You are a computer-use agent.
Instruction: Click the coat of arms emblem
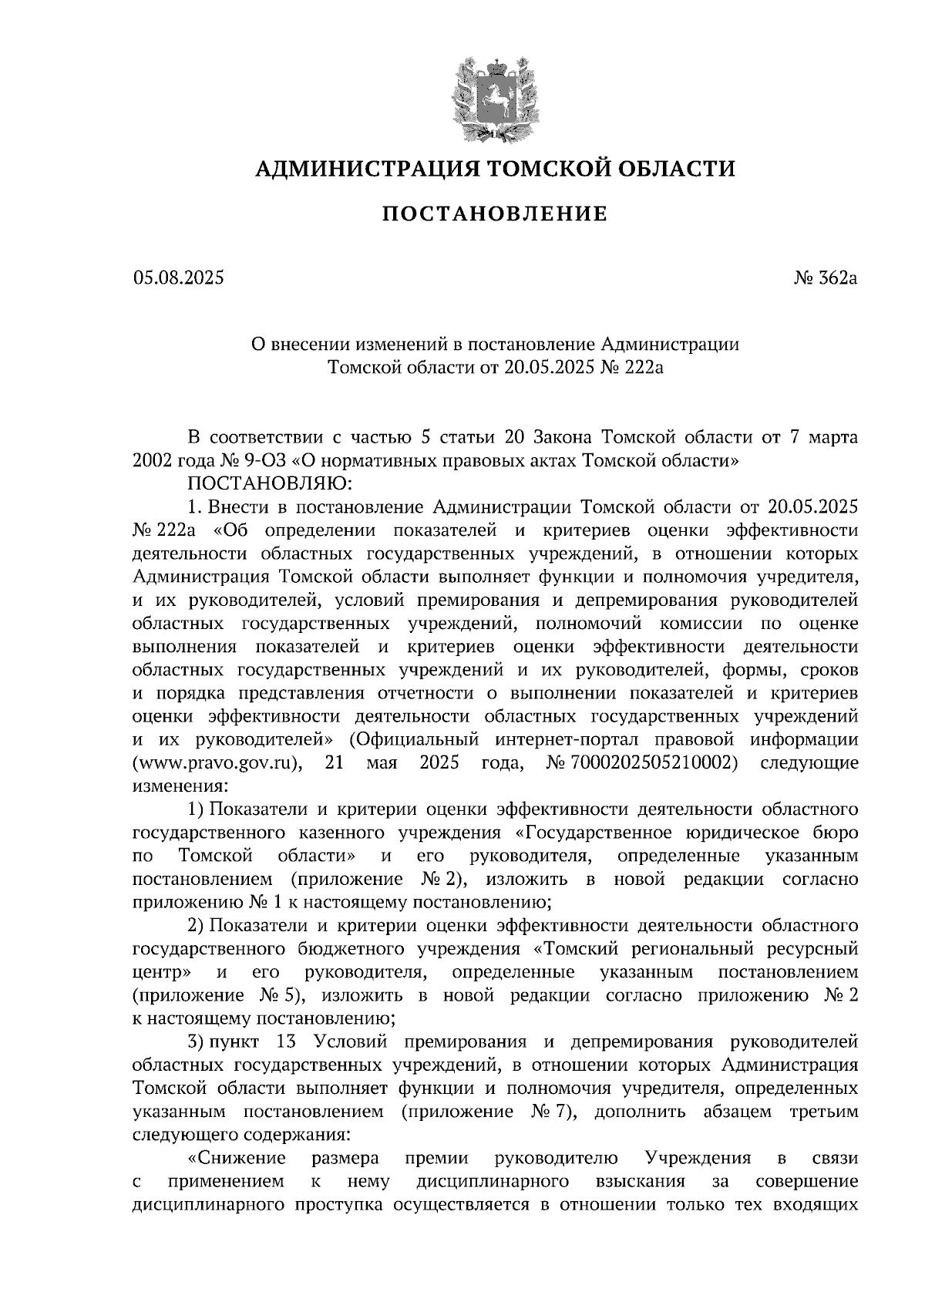click(x=493, y=98)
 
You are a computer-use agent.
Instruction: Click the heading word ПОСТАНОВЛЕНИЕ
click(x=495, y=214)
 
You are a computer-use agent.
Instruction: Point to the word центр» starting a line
click(x=163, y=972)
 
